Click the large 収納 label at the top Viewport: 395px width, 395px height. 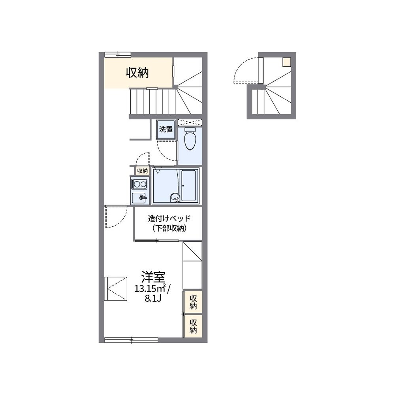(x=137, y=73)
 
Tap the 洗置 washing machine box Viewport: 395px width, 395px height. (x=166, y=130)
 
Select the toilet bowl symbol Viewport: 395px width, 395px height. (x=190, y=139)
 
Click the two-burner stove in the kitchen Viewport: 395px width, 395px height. (x=140, y=184)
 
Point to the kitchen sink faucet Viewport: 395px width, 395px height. (x=143, y=197)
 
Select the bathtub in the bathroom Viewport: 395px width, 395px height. (x=189, y=186)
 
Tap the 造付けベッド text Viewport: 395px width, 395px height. (x=169, y=218)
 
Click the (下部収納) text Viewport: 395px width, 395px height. (x=169, y=228)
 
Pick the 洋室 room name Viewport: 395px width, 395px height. (x=153, y=277)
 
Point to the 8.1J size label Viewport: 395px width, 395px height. (x=153, y=298)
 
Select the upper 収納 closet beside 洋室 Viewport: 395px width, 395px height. (x=193, y=302)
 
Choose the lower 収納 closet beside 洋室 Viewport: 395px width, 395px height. (x=193, y=326)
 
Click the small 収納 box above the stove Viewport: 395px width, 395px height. (x=142, y=171)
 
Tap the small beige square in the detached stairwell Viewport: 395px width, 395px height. (x=287, y=62)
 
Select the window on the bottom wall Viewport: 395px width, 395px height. (x=131, y=340)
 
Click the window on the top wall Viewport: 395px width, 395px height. (x=118, y=55)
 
